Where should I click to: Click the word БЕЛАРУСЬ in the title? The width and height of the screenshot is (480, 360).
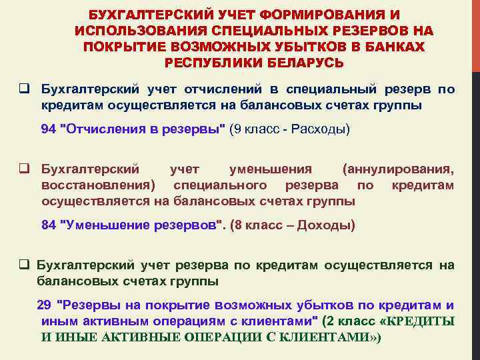click(x=306, y=63)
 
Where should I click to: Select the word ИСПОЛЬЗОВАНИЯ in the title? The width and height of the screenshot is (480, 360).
click(x=141, y=31)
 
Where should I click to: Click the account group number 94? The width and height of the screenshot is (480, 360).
click(x=48, y=129)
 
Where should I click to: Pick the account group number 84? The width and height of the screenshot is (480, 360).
click(x=48, y=225)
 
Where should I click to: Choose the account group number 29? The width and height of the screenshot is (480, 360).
click(x=44, y=305)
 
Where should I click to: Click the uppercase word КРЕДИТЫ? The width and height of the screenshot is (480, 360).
click(x=419, y=321)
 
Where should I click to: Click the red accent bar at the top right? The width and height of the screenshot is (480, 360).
click(x=475, y=33)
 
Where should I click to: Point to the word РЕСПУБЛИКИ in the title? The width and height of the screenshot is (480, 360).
click(x=209, y=63)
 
